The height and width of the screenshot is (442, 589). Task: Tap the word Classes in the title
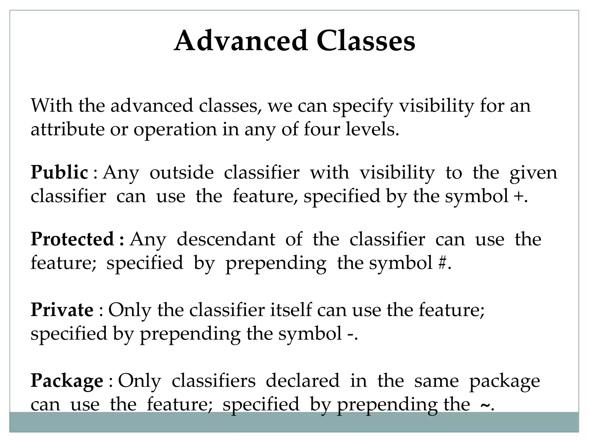click(366, 41)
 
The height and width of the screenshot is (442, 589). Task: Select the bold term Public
click(59, 172)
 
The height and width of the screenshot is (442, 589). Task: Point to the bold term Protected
click(72, 239)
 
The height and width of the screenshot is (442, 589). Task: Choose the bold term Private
click(62, 310)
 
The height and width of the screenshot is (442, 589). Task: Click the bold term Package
click(67, 381)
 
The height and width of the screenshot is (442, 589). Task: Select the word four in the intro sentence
click(322, 129)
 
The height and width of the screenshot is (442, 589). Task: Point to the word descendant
click(226, 239)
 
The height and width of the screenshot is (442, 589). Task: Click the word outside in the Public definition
click(182, 172)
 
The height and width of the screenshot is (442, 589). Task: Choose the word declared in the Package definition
click(303, 381)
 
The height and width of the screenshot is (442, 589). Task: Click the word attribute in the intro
click(68, 129)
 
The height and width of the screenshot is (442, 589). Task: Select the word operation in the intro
click(175, 130)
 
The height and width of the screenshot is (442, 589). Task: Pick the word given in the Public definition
click(533, 173)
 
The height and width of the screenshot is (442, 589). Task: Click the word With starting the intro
click(51, 105)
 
